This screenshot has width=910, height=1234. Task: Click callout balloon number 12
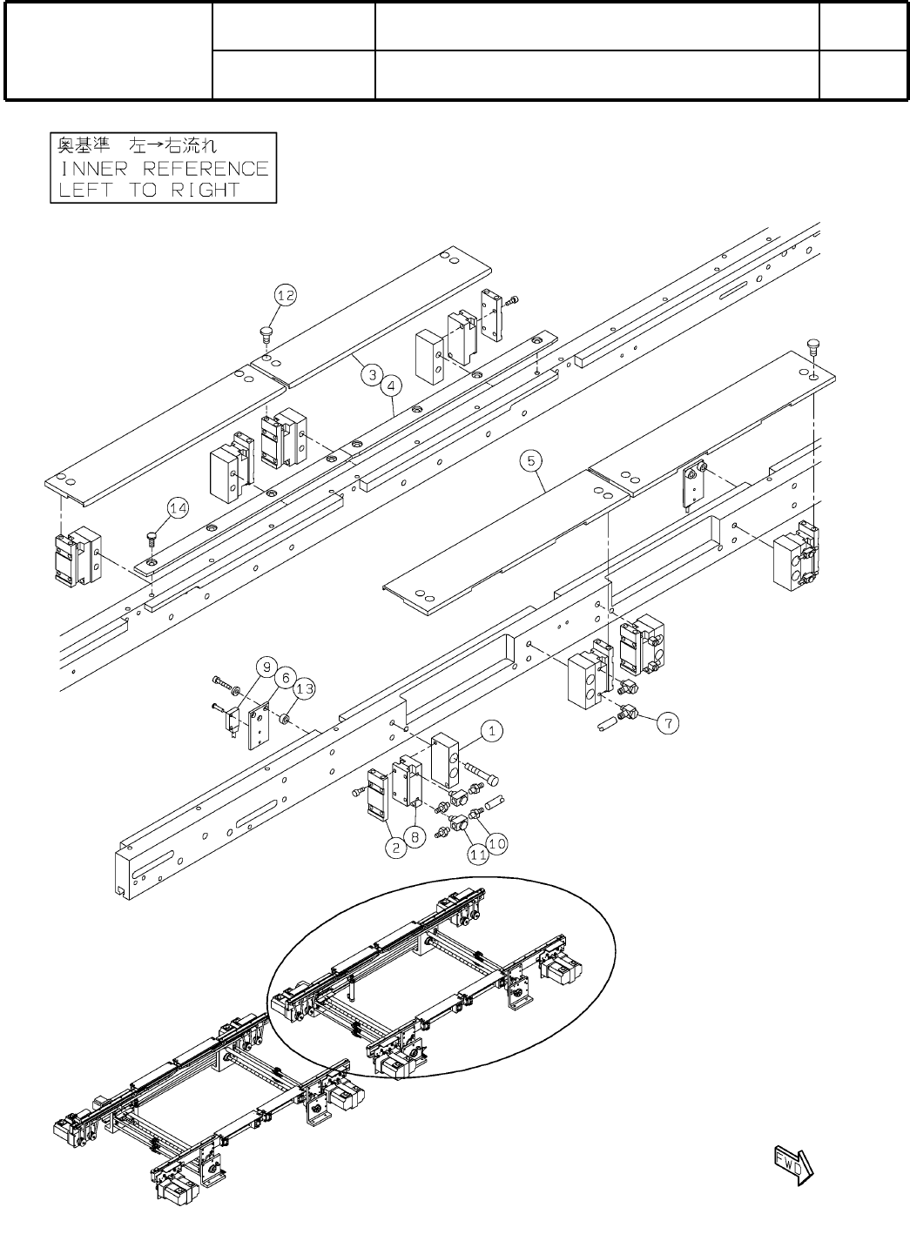286,296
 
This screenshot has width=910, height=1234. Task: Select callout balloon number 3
373,375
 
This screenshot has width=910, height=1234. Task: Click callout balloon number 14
178,509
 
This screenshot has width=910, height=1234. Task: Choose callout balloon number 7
668,722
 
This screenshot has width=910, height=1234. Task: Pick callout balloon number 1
492,731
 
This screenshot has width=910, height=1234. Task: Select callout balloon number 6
284,678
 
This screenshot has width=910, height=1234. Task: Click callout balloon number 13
304,689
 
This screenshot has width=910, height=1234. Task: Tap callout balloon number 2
397,849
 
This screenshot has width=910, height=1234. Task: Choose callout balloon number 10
496,842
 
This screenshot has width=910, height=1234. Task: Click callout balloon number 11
477,855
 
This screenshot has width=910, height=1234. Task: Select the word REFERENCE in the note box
206,168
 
